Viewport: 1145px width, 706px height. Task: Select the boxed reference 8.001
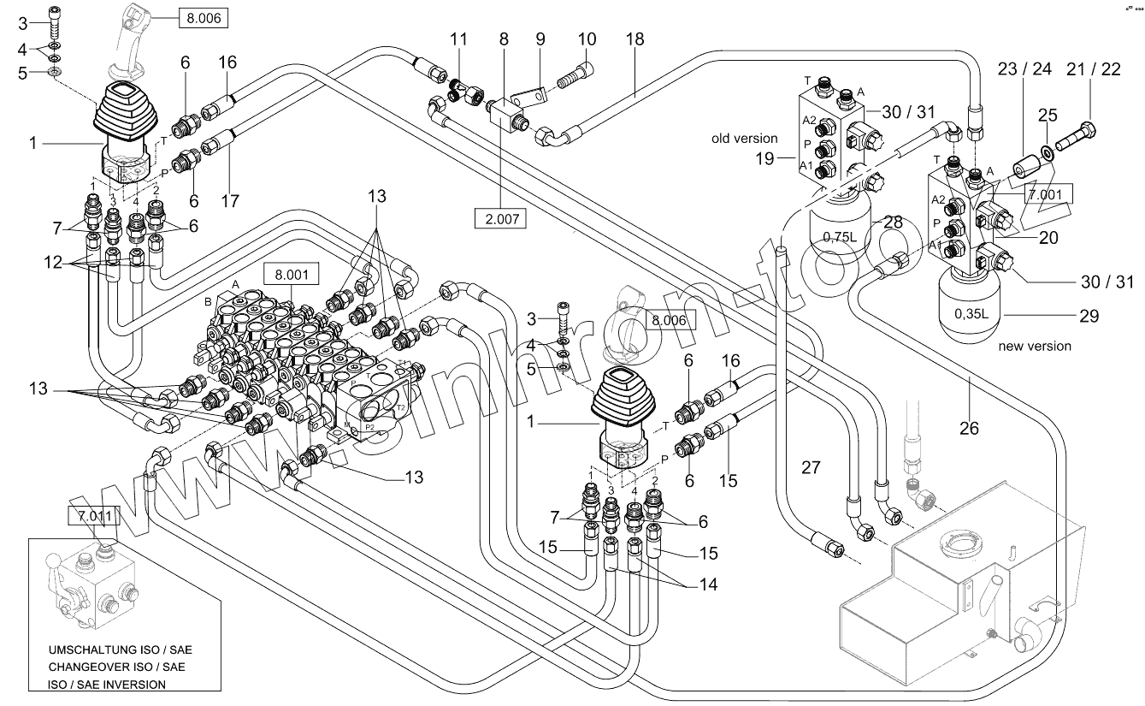[291, 276]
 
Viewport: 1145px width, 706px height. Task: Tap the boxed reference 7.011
[94, 515]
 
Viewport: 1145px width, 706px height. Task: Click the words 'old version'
[744, 138]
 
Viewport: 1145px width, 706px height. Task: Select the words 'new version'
[1035, 347]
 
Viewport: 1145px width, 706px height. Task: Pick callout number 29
[1088, 316]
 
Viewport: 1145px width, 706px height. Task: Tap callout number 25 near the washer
[1048, 115]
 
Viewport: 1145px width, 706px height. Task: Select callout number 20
[1048, 238]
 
